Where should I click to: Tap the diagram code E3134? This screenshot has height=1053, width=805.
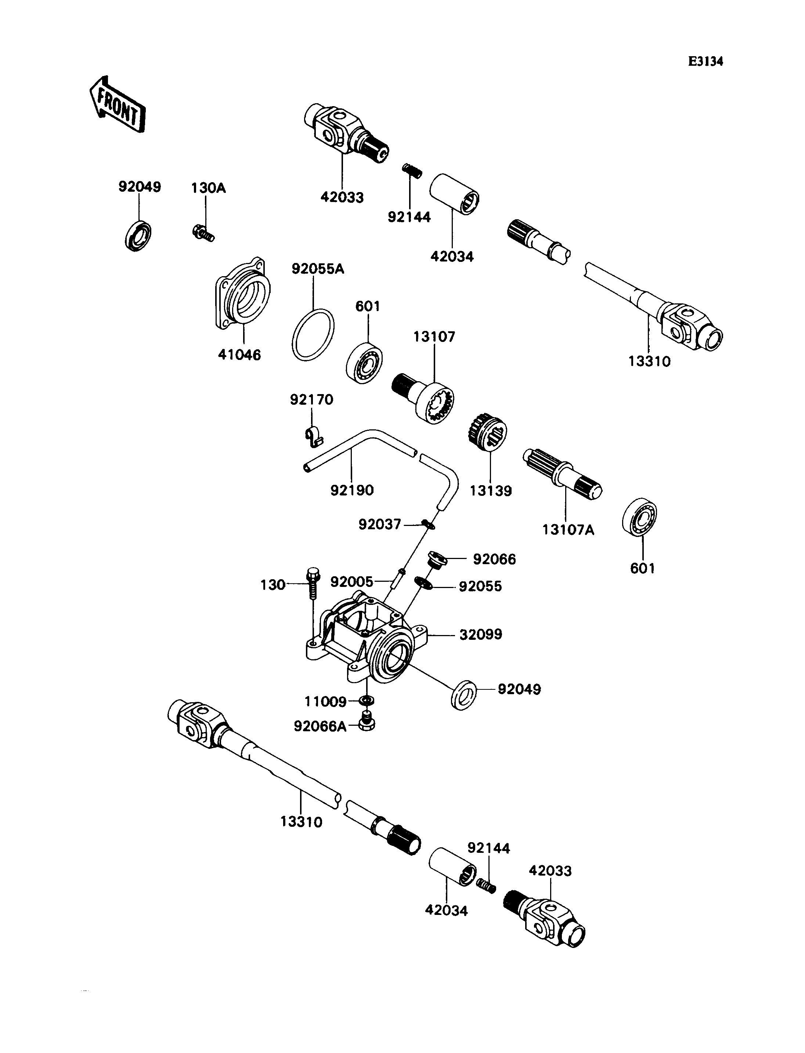point(705,61)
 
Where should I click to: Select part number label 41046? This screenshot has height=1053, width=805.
point(239,355)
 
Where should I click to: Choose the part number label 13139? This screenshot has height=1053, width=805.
point(491,491)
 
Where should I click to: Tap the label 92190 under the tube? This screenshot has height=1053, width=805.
point(352,490)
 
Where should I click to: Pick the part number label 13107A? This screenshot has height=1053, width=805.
point(568,530)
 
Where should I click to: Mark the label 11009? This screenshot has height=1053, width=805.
point(325,702)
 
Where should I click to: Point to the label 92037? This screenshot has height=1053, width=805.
point(379,524)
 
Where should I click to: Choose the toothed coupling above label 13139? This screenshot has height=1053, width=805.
point(487,432)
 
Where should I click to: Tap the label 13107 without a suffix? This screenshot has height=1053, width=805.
point(434,337)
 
